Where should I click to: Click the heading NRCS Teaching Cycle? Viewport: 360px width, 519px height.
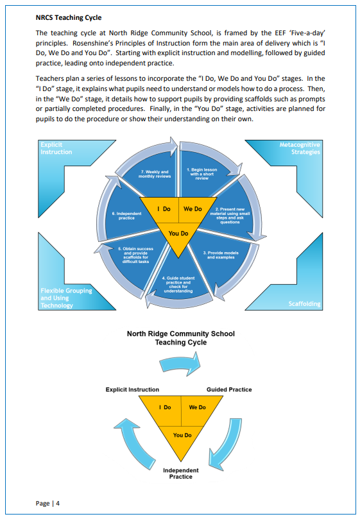point(69,17)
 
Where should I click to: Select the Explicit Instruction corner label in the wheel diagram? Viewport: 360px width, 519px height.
point(56,148)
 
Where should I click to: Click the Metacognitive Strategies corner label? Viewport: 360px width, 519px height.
point(300,148)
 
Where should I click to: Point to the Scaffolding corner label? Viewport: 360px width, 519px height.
point(304,304)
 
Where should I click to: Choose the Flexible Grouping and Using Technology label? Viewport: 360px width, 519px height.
point(66,298)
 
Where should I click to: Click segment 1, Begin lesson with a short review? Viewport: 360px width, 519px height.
point(201,174)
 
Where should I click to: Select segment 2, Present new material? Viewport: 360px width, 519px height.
point(230,216)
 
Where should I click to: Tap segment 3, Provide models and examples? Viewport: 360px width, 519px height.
point(221,255)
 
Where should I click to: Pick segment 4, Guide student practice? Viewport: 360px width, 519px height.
point(178,285)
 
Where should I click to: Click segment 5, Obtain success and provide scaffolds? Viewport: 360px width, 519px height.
point(136,255)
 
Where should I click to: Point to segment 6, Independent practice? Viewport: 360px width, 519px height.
point(126,216)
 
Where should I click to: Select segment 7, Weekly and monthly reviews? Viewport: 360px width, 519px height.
point(155,174)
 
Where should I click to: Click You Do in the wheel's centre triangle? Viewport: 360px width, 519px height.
point(178,234)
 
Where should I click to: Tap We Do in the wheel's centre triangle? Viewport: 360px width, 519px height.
point(193,209)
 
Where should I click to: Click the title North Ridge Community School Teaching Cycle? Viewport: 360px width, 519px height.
point(181,338)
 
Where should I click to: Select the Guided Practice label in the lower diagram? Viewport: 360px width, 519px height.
point(229,389)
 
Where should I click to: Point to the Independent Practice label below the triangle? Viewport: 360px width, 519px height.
point(181,473)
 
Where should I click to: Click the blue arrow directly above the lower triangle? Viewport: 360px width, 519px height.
point(180,364)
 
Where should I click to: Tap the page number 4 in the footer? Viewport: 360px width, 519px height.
point(58,504)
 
